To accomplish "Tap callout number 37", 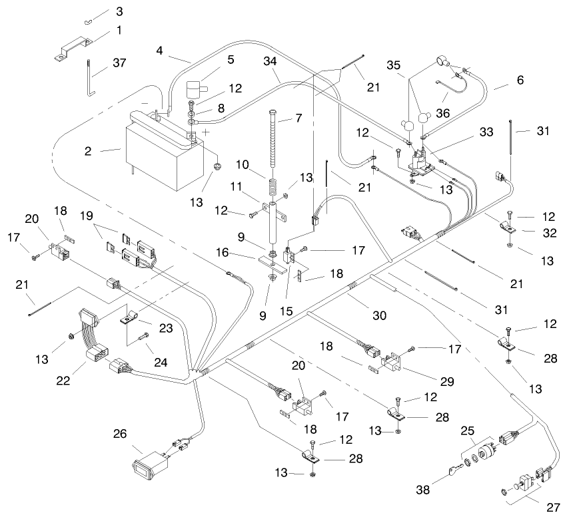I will (x=119, y=63).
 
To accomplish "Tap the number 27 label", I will (x=554, y=507).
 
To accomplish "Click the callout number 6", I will (x=520, y=80).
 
